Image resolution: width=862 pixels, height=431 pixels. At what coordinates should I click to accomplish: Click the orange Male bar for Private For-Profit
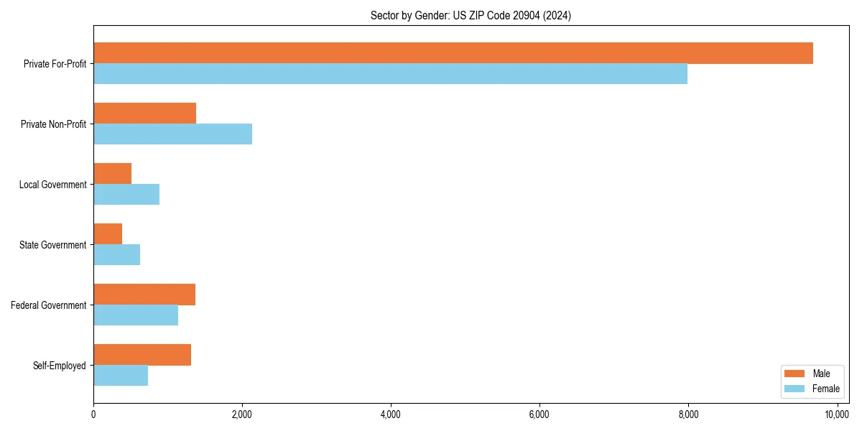tap(453, 53)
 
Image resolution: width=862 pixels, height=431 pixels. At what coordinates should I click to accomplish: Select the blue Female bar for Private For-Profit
tap(390, 74)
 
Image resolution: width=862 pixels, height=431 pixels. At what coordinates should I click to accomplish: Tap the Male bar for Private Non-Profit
tap(144, 113)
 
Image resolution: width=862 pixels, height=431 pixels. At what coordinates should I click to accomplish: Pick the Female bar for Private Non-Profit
tap(172, 134)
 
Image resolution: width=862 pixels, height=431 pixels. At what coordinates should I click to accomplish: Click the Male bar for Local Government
tap(112, 174)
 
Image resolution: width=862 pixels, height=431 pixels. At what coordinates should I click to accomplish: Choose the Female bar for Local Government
tap(126, 195)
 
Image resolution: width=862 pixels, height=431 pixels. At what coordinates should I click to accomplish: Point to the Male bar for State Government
tap(108, 234)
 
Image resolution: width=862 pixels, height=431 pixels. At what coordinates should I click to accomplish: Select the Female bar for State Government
tap(116, 255)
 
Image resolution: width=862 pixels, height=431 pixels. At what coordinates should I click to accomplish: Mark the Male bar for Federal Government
tap(144, 295)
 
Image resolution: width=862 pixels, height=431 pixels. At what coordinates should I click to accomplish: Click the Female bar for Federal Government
tap(136, 315)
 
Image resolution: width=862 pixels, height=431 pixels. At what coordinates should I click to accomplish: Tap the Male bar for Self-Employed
tap(142, 355)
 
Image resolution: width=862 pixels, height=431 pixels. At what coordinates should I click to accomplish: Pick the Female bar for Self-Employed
tap(121, 376)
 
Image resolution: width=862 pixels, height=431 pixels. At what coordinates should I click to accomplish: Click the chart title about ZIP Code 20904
tap(471, 16)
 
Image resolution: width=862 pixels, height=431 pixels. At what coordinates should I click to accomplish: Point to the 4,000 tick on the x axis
tap(391, 414)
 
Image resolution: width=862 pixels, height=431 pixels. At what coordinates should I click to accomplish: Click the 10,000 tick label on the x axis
tap(837, 414)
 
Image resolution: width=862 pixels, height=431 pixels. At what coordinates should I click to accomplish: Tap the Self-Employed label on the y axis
tap(59, 366)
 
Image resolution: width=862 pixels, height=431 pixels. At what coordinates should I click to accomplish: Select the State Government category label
tap(52, 245)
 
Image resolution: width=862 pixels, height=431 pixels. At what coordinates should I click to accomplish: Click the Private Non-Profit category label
tap(55, 124)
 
